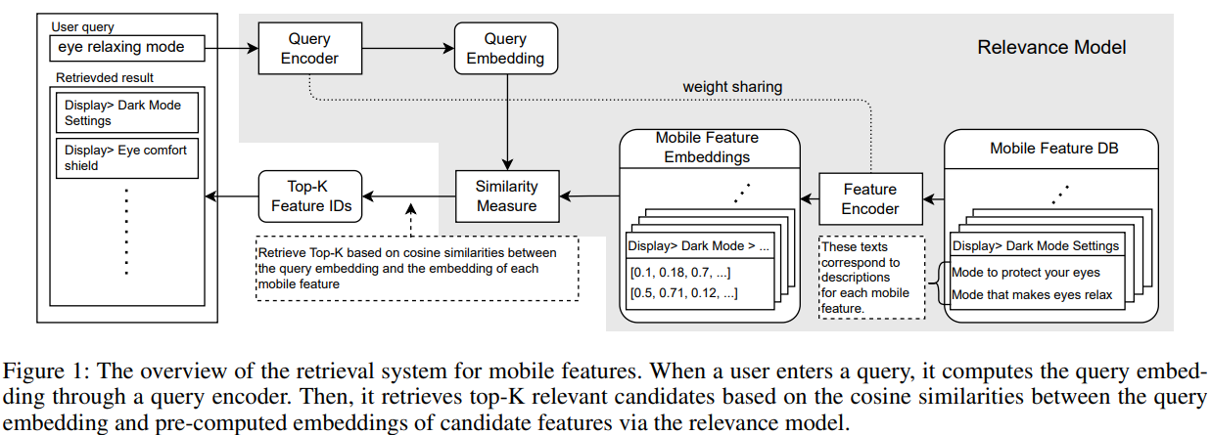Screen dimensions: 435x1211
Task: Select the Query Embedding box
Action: [506, 48]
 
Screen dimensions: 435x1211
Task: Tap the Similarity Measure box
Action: [506, 196]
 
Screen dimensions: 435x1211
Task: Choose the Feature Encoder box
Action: [869, 199]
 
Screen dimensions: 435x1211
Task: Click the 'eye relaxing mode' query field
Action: [130, 47]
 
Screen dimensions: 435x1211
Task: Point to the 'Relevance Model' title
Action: [1051, 47]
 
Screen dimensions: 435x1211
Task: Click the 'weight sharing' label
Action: [732, 87]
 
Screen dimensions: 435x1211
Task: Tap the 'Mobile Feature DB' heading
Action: [1050, 149]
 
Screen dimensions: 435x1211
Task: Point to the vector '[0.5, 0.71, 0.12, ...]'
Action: [682, 292]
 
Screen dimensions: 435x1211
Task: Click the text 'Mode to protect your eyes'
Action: [1025, 272]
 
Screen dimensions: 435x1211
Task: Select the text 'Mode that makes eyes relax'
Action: [1031, 294]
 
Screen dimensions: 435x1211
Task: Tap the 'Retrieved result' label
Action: [105, 77]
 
